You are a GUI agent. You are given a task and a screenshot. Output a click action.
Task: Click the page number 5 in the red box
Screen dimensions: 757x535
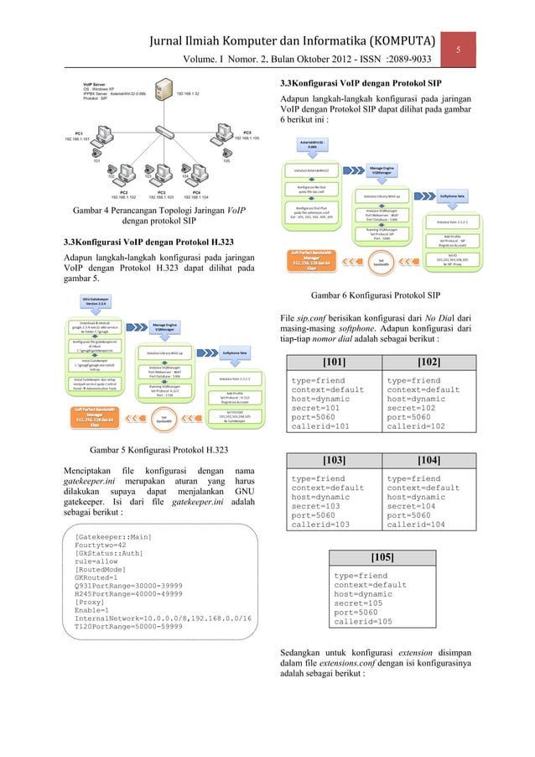459,50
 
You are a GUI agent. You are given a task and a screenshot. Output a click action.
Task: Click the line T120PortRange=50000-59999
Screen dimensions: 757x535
127,625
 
